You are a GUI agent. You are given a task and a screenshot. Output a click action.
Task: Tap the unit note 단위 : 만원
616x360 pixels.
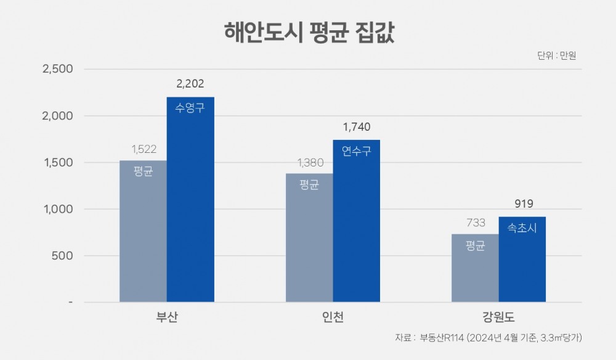tap(556, 55)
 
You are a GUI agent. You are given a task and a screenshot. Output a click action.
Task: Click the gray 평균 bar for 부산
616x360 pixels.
tap(143, 231)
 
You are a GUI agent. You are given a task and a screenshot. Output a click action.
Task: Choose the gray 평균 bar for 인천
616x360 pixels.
tap(309, 237)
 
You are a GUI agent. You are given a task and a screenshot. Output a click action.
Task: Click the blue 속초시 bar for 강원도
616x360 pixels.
tap(522, 259)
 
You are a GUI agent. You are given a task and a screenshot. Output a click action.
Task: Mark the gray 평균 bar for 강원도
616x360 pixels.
tap(475, 268)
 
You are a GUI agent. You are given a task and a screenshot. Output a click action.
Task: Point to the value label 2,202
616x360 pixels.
tap(190, 84)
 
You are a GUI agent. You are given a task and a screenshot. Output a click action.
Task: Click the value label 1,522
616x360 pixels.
tap(144, 149)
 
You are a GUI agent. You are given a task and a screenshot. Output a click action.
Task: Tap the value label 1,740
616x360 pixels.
tap(357, 128)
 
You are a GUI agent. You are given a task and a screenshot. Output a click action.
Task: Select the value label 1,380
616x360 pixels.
tap(310, 163)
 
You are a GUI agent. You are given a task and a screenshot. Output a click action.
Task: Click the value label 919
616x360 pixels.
tap(522, 204)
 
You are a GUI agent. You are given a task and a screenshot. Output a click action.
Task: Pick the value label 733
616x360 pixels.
tap(476, 223)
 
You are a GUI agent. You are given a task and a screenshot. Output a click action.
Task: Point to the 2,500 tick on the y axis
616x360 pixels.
tap(57, 69)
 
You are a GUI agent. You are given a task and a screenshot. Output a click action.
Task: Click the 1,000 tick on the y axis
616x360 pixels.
tap(57, 209)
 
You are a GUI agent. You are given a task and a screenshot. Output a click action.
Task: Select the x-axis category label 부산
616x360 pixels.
tap(167, 318)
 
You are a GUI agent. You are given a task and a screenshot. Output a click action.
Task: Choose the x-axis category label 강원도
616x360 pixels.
tap(498, 318)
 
